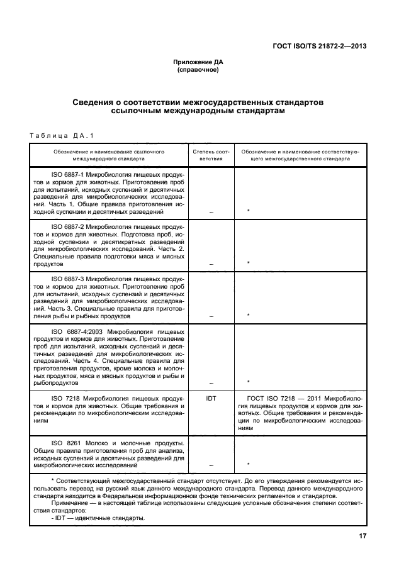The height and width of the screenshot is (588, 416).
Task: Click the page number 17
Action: coord(363,536)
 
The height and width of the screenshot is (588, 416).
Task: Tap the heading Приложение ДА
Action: coord(198,62)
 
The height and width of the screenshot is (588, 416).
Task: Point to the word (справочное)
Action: coord(198,70)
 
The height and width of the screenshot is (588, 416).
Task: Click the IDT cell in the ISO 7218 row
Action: coord(211,398)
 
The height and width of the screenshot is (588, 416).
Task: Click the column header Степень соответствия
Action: coord(211,155)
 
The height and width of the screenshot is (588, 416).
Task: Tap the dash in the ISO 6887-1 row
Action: coord(211,213)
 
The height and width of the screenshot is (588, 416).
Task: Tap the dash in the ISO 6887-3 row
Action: coord(211,315)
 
